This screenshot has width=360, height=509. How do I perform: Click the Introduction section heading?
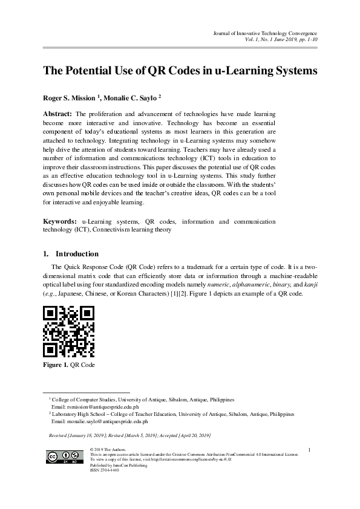(77, 254)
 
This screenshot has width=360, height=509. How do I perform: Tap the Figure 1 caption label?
(55, 365)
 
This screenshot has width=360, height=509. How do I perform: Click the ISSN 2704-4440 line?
(104, 470)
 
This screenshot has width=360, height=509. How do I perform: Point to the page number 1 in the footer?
(309, 449)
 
